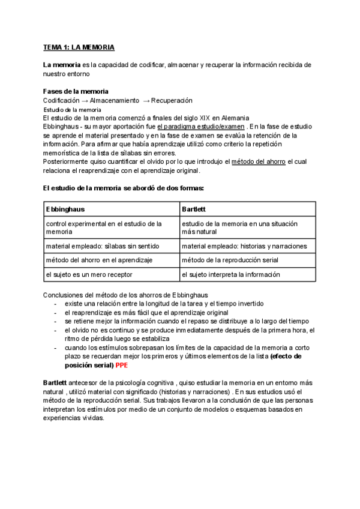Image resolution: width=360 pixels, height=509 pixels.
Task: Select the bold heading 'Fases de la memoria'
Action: [x=76, y=91]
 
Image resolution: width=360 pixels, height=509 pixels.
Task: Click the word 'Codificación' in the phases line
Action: [x=62, y=100]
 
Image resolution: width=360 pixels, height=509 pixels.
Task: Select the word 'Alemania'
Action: [x=216, y=118]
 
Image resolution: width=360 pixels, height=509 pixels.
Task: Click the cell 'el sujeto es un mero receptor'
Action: [x=89, y=274]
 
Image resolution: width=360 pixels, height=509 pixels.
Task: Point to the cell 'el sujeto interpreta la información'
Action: [x=231, y=274]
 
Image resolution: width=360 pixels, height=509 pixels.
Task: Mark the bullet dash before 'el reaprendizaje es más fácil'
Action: [x=56, y=313]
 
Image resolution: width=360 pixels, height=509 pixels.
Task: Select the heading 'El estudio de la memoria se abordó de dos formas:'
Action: [x=124, y=188]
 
